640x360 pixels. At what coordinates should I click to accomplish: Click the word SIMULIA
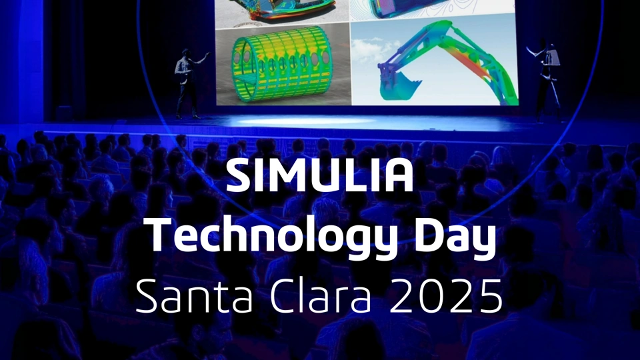(x=319, y=175)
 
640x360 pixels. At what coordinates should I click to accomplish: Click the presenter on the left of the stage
(x=189, y=84)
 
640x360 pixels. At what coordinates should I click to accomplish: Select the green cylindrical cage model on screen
(x=282, y=64)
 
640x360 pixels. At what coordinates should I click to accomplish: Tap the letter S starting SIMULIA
(x=239, y=176)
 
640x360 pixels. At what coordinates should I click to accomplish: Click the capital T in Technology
(x=161, y=237)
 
